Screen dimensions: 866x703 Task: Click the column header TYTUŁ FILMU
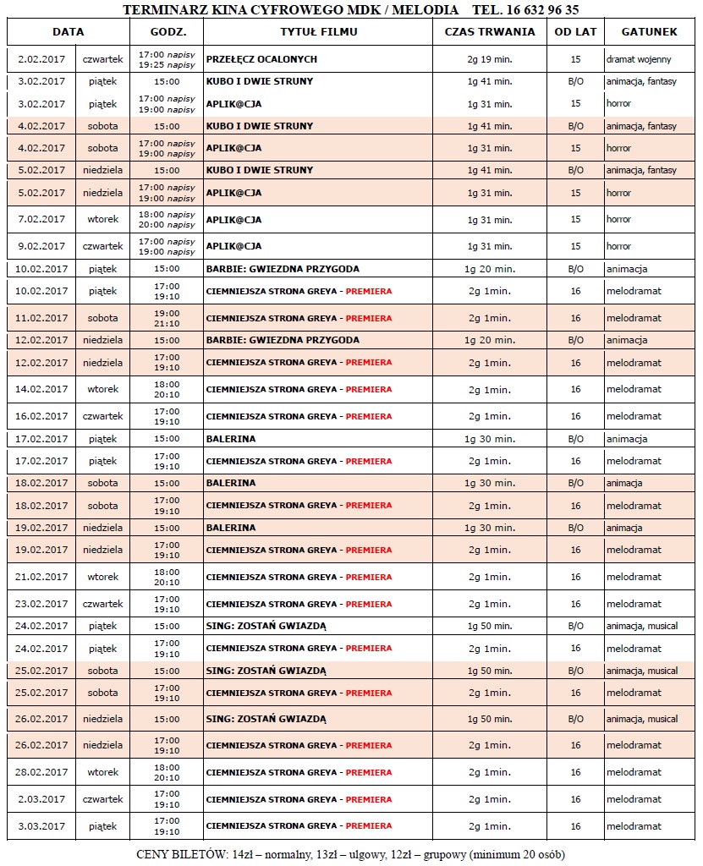pos(318,32)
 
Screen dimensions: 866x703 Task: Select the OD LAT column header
pos(575,32)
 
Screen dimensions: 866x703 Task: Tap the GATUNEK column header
pos(649,32)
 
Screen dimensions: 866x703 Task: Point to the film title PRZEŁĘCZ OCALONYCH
pos(261,60)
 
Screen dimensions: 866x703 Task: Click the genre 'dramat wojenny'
pos(641,60)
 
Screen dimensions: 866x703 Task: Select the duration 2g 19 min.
pos(489,60)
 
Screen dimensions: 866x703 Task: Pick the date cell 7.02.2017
pos(41,220)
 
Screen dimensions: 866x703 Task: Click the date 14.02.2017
pos(41,390)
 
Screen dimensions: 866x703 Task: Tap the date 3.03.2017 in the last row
pos(41,826)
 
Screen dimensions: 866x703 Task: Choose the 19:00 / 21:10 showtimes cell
pos(167,319)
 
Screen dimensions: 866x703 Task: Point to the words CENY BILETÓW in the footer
pos(176,854)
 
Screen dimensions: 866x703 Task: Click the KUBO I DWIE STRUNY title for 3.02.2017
pos(259,82)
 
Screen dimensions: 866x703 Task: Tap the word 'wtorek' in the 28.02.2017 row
pos(102,773)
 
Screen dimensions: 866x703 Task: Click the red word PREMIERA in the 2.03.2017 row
pos(369,800)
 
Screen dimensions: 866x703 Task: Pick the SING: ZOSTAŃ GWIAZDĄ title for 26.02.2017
pos(266,720)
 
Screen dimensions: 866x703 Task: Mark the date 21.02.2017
pos(41,578)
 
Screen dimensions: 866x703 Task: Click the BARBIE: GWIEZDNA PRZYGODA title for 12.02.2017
pos(283,341)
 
